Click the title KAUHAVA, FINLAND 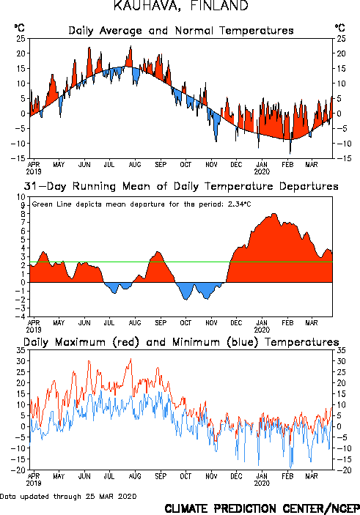point(181,6)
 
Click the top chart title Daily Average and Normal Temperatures point(181,31)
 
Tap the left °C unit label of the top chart point(20,28)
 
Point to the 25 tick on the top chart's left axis point(21,38)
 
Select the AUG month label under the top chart point(135,165)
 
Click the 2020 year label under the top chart point(262,171)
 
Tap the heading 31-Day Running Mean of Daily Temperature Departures point(181,186)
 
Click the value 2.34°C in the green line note point(239,204)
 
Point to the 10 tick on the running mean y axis point(21,197)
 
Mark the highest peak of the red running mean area point(274,213)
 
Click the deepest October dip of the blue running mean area point(185,300)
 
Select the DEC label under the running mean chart point(236,323)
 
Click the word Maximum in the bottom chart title point(80,342)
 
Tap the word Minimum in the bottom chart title point(196,342)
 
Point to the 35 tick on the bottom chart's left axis point(21,350)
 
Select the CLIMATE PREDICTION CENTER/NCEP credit point(262,508)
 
